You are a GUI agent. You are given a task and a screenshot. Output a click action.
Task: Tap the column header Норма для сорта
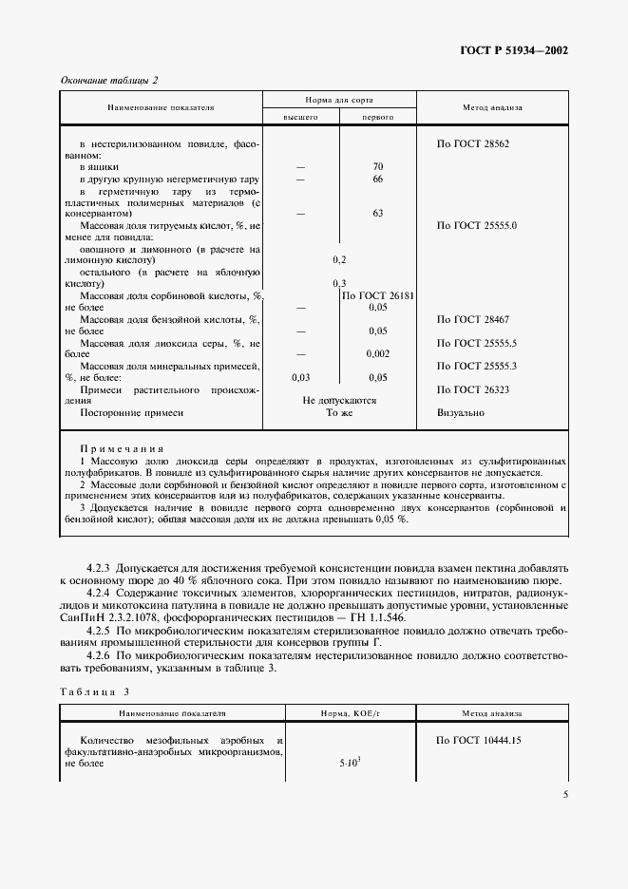[x=339, y=99]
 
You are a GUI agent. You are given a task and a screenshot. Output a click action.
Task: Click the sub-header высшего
[x=300, y=116]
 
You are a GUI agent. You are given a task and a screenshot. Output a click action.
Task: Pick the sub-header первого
[x=377, y=116]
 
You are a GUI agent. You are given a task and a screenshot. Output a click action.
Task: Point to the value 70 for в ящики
[x=377, y=166]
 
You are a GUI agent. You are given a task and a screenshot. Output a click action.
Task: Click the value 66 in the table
[x=377, y=179]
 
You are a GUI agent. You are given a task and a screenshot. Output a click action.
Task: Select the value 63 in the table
[x=377, y=214]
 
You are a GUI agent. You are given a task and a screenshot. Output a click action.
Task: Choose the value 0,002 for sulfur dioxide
[x=377, y=353]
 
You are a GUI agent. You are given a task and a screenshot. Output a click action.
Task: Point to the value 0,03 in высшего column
[x=300, y=377]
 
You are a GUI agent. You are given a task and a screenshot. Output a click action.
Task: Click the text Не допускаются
[x=339, y=401]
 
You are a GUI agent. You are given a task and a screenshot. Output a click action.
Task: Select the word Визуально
[x=461, y=413]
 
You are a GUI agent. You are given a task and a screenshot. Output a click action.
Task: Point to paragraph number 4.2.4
[x=99, y=594]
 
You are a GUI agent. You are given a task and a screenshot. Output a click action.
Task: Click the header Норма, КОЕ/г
[x=339, y=711]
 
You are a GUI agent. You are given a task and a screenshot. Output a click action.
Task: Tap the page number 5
[x=564, y=795]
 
